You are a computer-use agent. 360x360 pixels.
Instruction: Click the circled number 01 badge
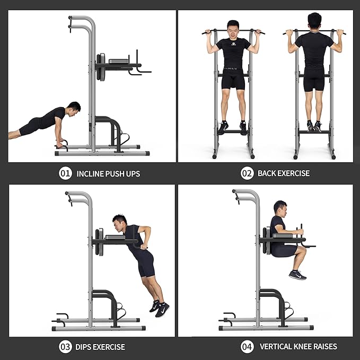click(x=65, y=173)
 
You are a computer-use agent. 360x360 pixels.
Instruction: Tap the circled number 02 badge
click(x=247, y=173)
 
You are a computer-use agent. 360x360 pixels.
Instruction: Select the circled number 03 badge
click(x=65, y=347)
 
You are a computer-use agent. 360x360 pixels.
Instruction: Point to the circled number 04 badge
click(x=247, y=346)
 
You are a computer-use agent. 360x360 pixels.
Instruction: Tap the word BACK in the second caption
click(x=267, y=173)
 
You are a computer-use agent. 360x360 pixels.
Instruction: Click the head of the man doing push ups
click(x=74, y=109)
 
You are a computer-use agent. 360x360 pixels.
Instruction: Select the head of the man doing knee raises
click(x=280, y=208)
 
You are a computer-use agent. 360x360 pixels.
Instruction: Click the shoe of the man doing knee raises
click(x=297, y=275)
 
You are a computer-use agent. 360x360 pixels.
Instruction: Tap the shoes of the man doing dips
click(x=160, y=308)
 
